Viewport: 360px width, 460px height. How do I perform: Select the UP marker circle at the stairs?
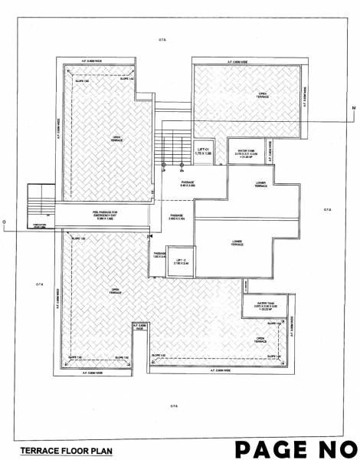pyautogui.click(x=163, y=164)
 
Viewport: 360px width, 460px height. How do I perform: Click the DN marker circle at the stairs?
pyautogui.click(x=181, y=164)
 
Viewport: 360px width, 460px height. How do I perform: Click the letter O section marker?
pyautogui.click(x=5, y=224)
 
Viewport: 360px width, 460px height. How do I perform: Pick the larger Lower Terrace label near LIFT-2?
pyautogui.click(x=236, y=242)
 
